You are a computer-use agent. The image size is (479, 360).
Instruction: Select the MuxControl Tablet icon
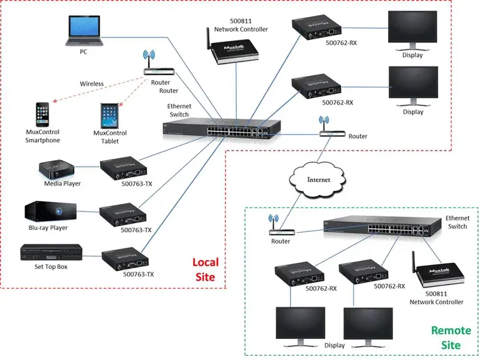(x=109, y=114)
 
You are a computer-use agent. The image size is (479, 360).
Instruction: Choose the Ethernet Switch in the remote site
(x=375, y=227)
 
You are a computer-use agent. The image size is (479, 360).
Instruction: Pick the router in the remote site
(x=279, y=228)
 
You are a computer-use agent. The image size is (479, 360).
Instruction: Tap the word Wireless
(x=91, y=83)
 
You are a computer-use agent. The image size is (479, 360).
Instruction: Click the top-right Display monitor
(x=413, y=32)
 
